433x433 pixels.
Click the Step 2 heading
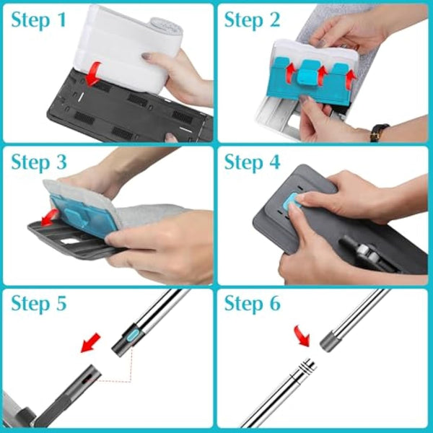point(252,20)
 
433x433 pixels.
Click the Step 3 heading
point(40,162)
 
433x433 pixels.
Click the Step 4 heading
point(253,162)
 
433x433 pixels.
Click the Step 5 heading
point(40,304)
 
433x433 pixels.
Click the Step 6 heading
point(253,304)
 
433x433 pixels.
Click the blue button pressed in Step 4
point(292,204)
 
